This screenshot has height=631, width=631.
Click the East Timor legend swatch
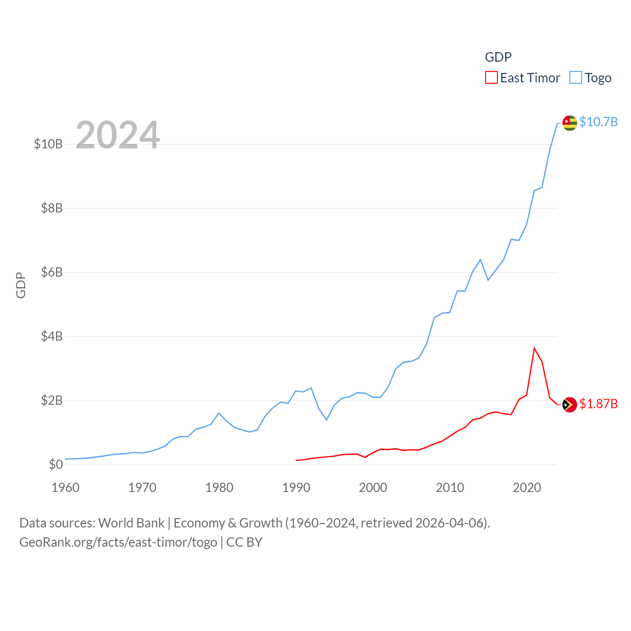[x=491, y=78]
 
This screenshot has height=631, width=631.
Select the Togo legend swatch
[x=576, y=78]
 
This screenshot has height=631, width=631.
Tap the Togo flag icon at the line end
[x=570, y=123]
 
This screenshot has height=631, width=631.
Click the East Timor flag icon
[x=570, y=405]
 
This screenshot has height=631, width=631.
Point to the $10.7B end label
[x=598, y=122]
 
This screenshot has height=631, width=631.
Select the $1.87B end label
[x=598, y=404]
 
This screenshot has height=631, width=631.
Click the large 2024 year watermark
[x=118, y=135]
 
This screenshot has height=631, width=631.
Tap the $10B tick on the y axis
[x=48, y=144]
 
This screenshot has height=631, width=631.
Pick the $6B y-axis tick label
[x=52, y=272]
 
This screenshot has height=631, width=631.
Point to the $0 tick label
[x=56, y=464]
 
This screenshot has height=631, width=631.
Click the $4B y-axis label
[x=52, y=336]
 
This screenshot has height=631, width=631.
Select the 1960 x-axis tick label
[x=66, y=488]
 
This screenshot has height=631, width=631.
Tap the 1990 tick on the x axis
[x=296, y=488]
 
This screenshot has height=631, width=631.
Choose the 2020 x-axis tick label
[x=527, y=488]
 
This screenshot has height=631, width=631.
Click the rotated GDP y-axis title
[x=21, y=285]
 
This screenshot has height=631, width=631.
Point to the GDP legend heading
[x=498, y=57]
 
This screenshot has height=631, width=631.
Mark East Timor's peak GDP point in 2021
[x=534, y=349]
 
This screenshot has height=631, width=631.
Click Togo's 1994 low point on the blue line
[x=326, y=420]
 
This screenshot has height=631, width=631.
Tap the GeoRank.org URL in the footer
[x=118, y=542]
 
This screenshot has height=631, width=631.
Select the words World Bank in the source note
[x=132, y=523]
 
